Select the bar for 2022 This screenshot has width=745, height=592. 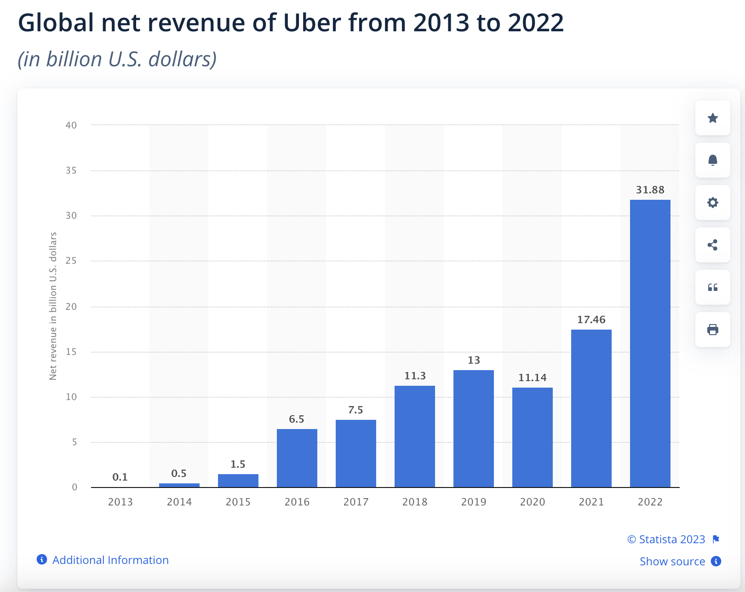click(x=650, y=343)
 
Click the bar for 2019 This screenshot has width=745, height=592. click(x=473, y=428)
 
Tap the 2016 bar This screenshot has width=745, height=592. click(x=297, y=458)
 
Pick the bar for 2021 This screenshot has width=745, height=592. click(x=591, y=408)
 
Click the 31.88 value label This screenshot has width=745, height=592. click(x=650, y=190)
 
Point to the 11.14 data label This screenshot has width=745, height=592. click(x=532, y=377)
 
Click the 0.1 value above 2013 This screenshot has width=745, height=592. click(x=120, y=477)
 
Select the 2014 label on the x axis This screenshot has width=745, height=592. click(x=179, y=502)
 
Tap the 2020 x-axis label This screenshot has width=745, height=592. click(x=532, y=502)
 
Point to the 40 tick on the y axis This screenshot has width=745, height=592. click(x=71, y=125)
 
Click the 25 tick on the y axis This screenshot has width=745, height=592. click(x=71, y=261)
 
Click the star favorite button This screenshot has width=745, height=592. click(x=712, y=118)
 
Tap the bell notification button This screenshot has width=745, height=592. click(x=712, y=160)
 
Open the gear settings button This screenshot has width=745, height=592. click(x=712, y=203)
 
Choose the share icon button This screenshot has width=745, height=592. click(x=712, y=245)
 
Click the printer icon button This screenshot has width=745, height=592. click(x=712, y=330)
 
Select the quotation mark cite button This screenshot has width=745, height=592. click(x=712, y=287)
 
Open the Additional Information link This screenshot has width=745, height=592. click(x=110, y=560)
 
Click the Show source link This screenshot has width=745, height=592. click(x=672, y=561)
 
